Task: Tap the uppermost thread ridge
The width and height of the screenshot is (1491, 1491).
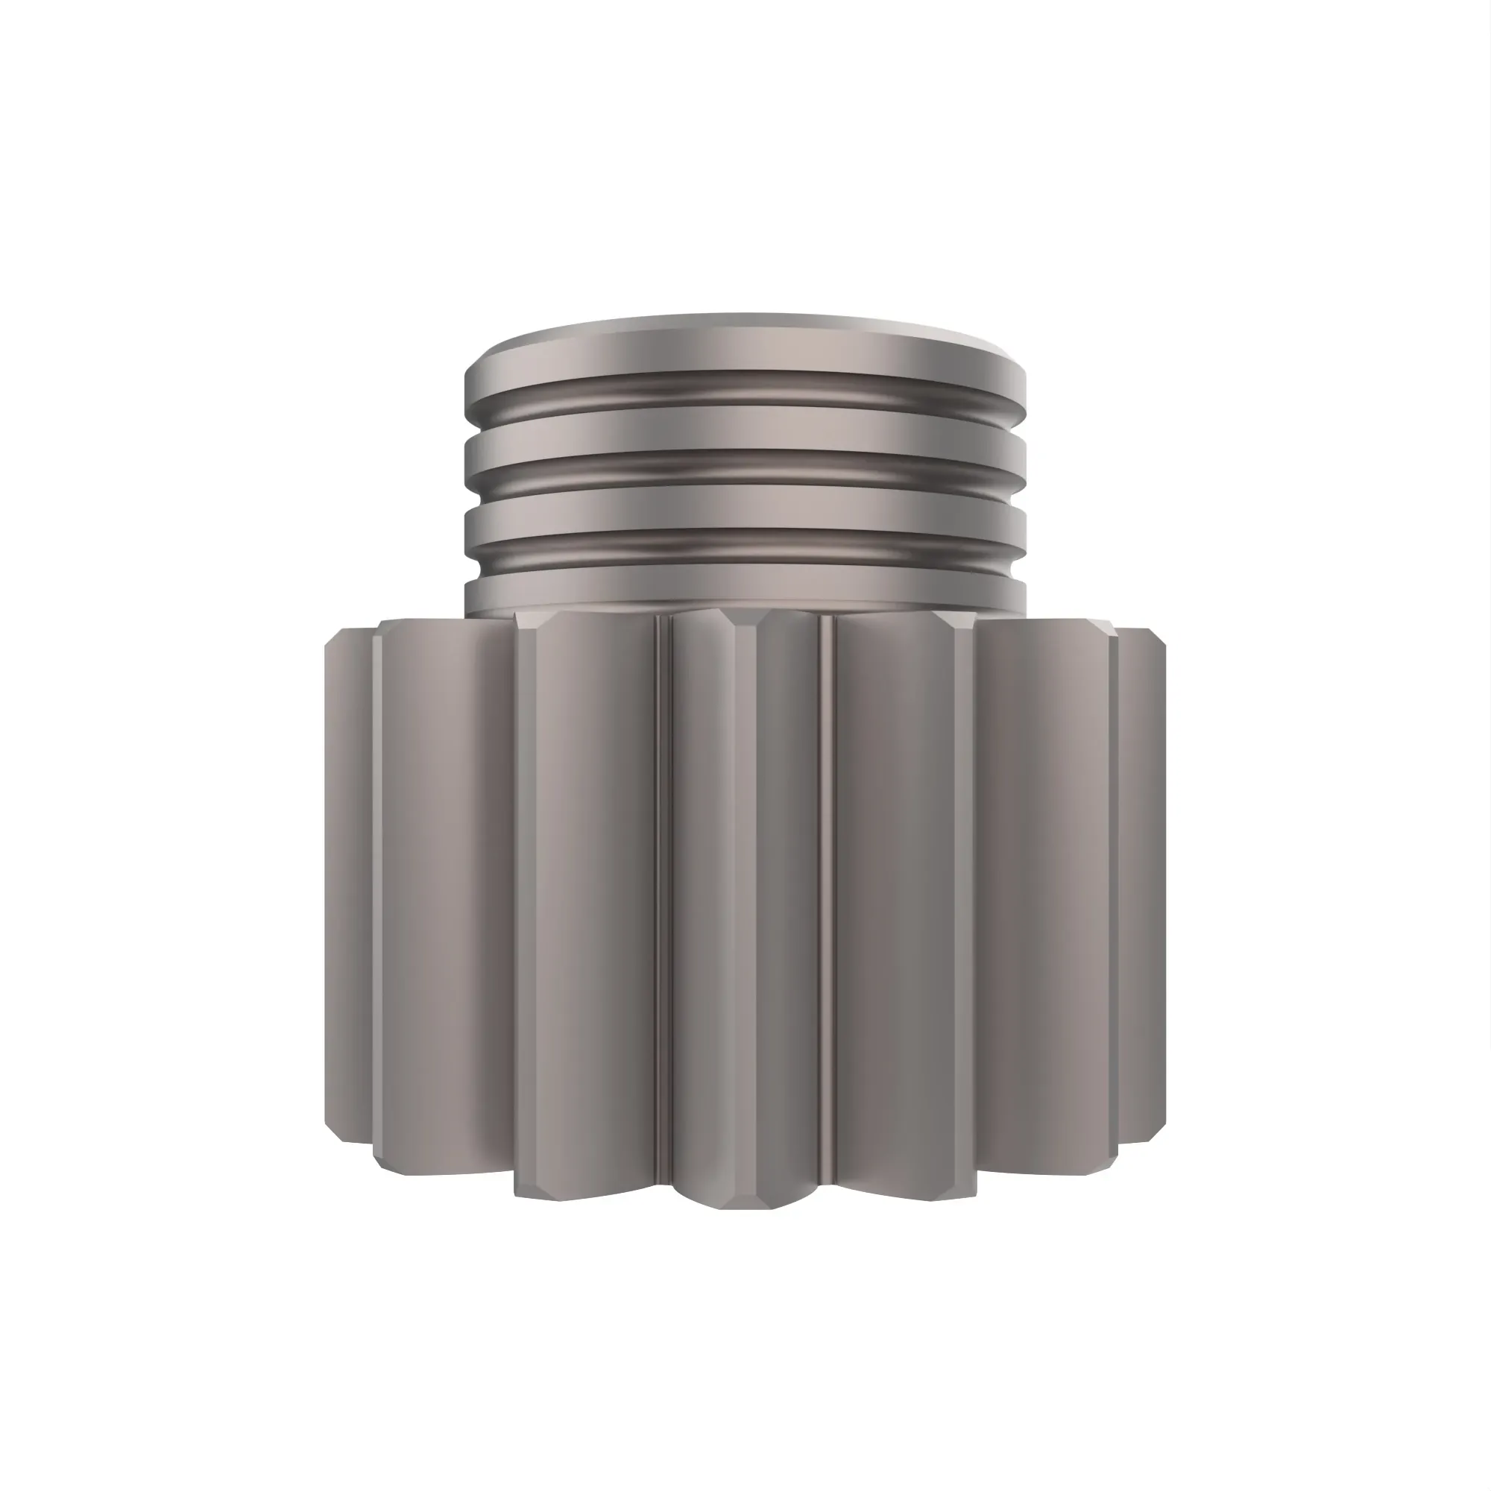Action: point(745,356)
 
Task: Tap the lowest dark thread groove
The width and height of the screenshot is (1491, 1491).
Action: point(745,550)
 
